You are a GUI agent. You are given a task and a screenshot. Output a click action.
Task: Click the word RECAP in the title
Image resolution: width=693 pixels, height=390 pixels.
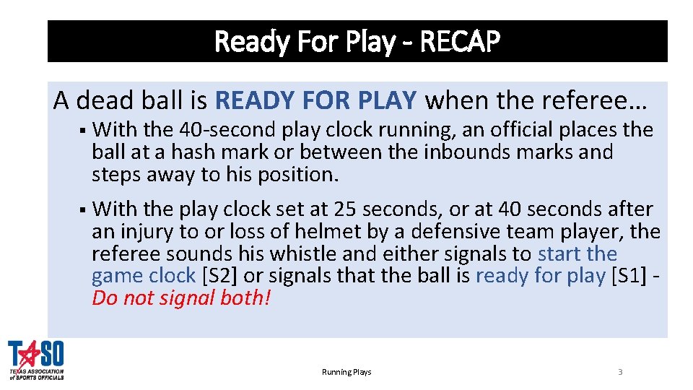click(x=459, y=42)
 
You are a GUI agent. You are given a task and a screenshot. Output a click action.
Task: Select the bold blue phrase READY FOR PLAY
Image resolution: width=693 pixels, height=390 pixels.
click(x=315, y=100)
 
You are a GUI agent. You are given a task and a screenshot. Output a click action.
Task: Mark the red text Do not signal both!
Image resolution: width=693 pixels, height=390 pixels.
click(x=181, y=298)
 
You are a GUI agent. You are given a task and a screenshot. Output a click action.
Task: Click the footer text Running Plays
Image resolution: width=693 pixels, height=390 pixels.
click(x=346, y=372)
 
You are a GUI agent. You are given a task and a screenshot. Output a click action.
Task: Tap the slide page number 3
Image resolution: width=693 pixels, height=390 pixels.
click(x=620, y=372)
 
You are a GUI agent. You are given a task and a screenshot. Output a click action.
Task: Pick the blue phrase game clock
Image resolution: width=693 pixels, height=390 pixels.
click(x=144, y=276)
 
